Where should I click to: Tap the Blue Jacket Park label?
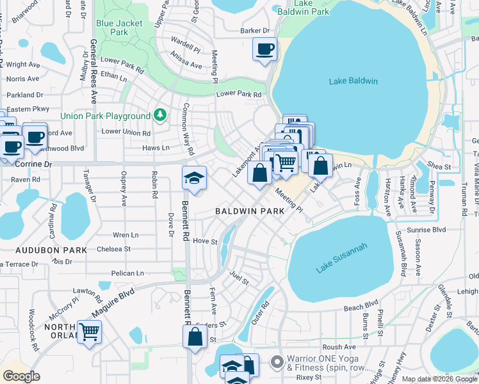click(119, 28)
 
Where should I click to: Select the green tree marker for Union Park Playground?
click(160, 116)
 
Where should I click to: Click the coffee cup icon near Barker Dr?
click(264, 49)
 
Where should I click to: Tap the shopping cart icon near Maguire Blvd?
click(90, 331)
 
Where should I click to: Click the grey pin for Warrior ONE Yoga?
click(277, 363)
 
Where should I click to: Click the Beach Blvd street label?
click(362, 307)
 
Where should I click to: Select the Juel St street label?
click(239, 279)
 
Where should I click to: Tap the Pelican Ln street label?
click(127, 273)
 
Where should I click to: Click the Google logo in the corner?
click(21, 376)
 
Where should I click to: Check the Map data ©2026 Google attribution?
click(439, 379)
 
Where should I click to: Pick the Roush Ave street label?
click(352, 346)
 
